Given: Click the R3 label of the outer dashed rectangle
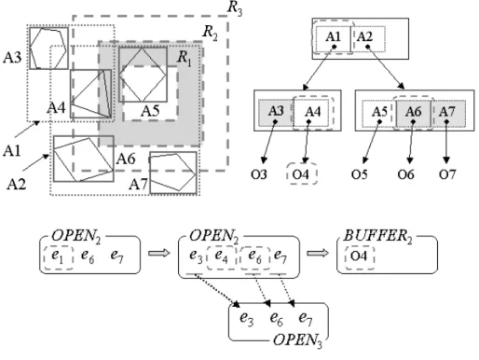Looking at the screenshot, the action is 235,7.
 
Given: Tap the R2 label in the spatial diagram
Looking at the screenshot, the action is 210,33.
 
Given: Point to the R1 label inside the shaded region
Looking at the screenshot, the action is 185,58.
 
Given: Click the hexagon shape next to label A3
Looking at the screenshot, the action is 48,48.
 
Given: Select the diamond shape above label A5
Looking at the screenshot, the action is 143,75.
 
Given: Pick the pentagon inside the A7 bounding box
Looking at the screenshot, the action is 172,172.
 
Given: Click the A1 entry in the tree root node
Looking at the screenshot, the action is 333,37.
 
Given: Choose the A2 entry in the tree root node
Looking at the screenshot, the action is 364,37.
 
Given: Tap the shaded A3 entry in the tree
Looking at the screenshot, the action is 276,111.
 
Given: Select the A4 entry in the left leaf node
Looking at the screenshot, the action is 313,112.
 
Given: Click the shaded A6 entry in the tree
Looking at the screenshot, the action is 414,112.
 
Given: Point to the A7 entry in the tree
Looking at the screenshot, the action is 447,112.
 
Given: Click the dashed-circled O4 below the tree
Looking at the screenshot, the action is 301,174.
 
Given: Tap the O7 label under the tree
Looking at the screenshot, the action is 447,174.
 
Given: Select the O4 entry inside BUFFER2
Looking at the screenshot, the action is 359,256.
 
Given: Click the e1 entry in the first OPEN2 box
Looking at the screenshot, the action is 58,256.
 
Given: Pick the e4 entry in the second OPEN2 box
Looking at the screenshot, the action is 221,256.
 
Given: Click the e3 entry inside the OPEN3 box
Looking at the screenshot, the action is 247,319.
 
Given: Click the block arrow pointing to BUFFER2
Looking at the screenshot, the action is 318,253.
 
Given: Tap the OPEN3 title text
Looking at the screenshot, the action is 297,340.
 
